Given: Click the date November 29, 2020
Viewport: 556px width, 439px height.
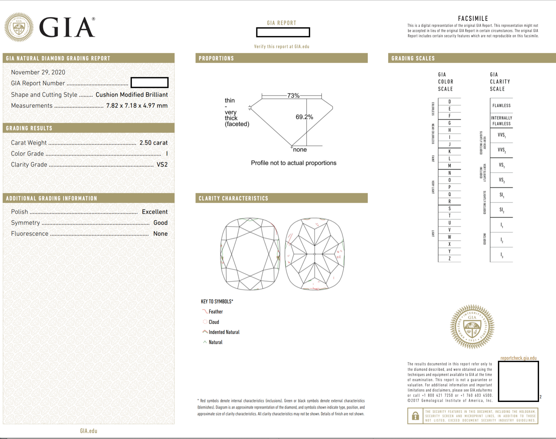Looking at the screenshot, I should click(38, 72).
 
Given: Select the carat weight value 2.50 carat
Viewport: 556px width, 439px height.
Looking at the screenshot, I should click(153, 143).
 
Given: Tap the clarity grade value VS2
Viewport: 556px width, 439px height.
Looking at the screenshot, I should click(162, 165).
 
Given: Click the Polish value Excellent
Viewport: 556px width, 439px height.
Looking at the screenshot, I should click(155, 212).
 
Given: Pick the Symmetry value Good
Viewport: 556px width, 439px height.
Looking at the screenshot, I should click(160, 223).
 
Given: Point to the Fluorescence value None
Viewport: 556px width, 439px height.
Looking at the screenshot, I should click(160, 234).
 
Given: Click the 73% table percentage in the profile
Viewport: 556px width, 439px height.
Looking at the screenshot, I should click(293, 96).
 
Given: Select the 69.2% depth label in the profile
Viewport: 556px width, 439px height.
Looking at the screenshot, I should click(304, 117).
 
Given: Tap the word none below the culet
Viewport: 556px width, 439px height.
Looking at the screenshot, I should click(300, 150).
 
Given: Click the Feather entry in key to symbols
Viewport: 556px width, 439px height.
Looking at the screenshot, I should click(215, 312).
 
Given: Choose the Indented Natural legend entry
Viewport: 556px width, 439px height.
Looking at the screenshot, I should click(224, 332).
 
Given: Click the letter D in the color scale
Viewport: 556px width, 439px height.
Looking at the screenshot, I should click(450, 102).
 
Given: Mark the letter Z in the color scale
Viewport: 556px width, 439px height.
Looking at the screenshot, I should click(450, 259).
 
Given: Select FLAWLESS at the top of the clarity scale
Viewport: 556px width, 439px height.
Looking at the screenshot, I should click(502, 106).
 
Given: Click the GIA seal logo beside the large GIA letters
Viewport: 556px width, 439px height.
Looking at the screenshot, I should click(19, 27).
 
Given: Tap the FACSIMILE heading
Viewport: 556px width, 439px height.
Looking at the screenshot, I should click(473, 19).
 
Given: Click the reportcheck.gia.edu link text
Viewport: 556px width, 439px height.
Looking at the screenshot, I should click(518, 358).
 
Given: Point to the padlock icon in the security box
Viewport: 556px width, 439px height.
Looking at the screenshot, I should click(415, 416).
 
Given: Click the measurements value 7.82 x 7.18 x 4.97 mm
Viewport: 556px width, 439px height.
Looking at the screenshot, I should click(137, 106).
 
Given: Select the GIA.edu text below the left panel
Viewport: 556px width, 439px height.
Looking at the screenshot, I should click(88, 431).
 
